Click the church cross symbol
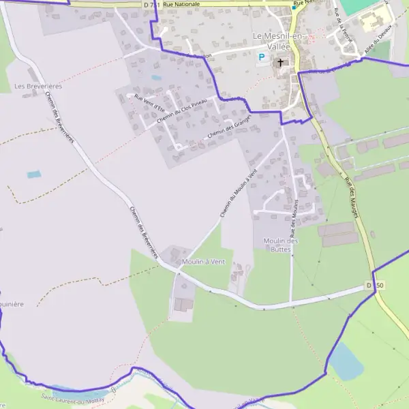[x=279, y=63]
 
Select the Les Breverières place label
[x=37, y=87]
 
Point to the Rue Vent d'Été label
[x=149, y=102]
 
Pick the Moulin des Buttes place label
[x=280, y=245]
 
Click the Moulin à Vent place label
[x=203, y=261]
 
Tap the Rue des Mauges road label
[x=352, y=198]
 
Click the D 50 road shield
[x=375, y=285]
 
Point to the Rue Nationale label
[x=181, y=4]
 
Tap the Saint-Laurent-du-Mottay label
[x=72, y=398]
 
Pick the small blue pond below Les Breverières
[x=33, y=175]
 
